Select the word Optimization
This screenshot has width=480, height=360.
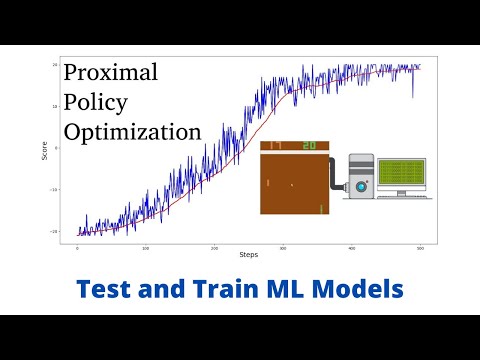pos(132,132)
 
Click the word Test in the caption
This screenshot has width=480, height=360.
pos(108,288)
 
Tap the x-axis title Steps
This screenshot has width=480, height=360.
pos(249,255)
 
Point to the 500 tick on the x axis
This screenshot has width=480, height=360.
pos(420,246)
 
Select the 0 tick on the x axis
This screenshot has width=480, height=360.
pos(78,246)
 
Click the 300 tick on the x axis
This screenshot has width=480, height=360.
pos(283,246)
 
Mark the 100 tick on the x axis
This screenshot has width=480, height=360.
pos(146,246)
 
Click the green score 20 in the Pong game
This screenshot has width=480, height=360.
pos(310,146)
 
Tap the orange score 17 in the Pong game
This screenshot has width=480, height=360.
pos(276,146)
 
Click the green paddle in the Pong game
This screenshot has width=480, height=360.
pos(321,208)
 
